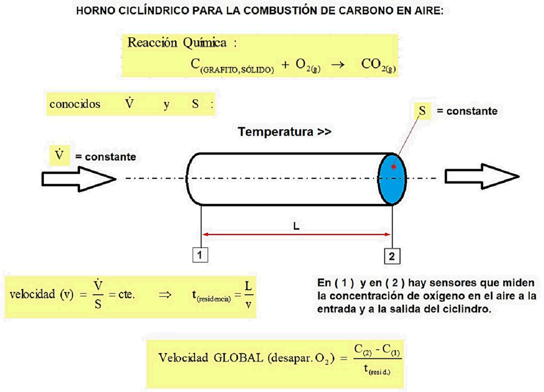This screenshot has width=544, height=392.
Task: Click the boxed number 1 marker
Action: click(x=200, y=255)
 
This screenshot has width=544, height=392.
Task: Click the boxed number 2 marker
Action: click(x=392, y=256)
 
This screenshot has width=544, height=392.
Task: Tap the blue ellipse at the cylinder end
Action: click(x=392, y=179)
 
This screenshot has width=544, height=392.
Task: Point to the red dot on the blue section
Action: click(x=394, y=167)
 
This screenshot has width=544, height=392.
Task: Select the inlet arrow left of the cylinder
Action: click(x=79, y=179)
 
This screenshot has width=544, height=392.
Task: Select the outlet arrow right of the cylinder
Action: click(x=482, y=176)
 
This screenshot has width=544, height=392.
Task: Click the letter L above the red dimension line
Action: click(x=296, y=227)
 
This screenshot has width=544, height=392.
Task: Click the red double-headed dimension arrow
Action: click(x=296, y=234)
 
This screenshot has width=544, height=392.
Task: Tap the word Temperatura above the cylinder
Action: click(x=276, y=132)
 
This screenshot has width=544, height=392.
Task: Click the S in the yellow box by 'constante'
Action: click(x=422, y=111)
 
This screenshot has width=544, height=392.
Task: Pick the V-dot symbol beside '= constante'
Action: click(x=59, y=155)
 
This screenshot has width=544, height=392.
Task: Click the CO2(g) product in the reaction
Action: click(x=378, y=65)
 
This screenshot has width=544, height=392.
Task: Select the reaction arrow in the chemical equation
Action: click(x=338, y=65)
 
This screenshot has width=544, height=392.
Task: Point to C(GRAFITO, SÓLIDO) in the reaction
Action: click(x=232, y=65)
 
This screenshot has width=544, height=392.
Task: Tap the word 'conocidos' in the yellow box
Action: click(x=75, y=104)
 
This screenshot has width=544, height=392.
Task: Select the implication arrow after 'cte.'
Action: click(x=165, y=295)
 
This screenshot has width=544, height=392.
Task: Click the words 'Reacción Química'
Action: click(x=177, y=43)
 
